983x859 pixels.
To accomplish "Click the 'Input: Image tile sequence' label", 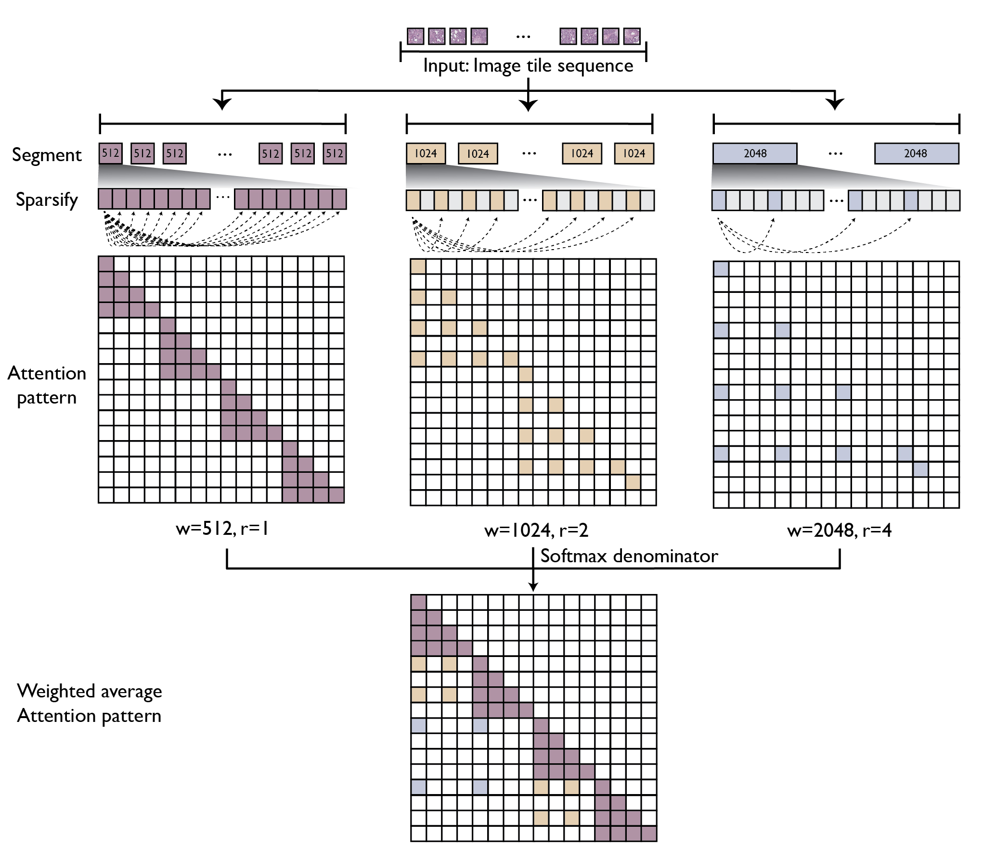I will coord(528,66).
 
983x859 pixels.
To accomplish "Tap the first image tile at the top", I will coord(415,36).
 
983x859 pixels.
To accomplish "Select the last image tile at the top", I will coord(632,36).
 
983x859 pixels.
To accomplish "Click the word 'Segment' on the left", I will coord(47,155).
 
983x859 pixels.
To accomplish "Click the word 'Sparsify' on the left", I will coord(47,200).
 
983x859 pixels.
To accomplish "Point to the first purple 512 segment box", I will coord(110,153).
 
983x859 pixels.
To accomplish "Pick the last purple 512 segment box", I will coord(335,153).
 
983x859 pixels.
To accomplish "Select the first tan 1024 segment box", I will coord(426,153).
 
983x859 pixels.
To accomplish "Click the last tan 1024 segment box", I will coord(634,153).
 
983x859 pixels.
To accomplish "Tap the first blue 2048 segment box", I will coord(754,153).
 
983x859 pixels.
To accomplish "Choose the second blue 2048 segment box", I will coord(916,153).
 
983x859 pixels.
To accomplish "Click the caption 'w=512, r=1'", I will coord(222,529).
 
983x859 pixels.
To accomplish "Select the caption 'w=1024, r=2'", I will coord(536,530).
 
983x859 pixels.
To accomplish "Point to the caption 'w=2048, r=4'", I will coord(839,530).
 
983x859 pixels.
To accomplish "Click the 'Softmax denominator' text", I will coord(629,556).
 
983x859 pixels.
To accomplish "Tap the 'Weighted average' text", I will coord(90,691).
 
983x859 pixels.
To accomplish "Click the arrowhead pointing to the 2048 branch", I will coord(835,103).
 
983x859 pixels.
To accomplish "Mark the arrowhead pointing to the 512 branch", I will coord(222,103).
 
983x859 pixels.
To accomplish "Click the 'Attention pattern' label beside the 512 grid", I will coord(47,385).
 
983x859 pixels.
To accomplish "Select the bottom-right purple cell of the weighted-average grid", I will coord(649,834).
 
